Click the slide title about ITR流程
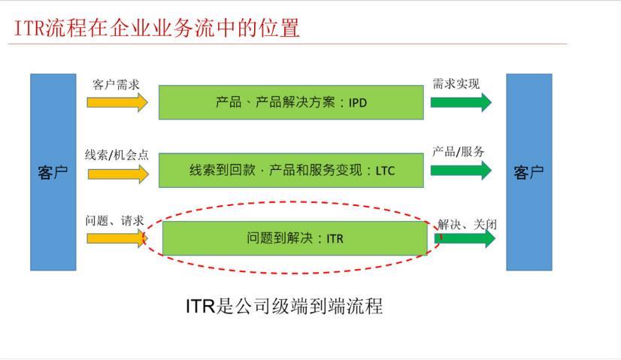(x=156, y=28)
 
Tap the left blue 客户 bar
(x=53, y=172)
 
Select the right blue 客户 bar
(x=529, y=172)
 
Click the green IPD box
(x=291, y=102)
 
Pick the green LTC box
(x=291, y=171)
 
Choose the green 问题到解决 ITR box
(x=295, y=238)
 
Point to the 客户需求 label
(x=116, y=84)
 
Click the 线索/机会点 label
(x=117, y=155)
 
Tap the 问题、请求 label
(x=114, y=221)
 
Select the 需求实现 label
(x=456, y=83)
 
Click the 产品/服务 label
(x=458, y=151)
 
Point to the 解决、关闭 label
(x=468, y=225)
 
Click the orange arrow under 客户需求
(x=117, y=102)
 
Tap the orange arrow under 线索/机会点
(x=118, y=174)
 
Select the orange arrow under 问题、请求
(x=117, y=238)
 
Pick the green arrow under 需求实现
(x=461, y=102)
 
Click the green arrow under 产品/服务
(x=461, y=171)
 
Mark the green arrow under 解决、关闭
(x=465, y=238)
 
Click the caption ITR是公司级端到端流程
(x=284, y=306)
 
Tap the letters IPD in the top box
(x=358, y=103)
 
